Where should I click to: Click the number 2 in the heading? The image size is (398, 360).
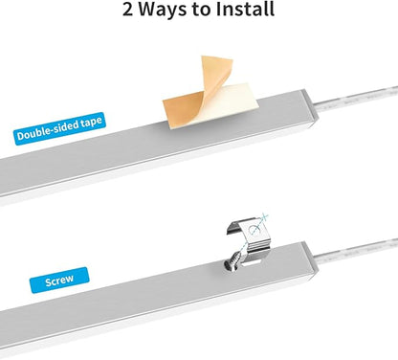127,10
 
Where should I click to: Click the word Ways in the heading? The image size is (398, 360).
163,10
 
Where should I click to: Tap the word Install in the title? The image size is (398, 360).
245,9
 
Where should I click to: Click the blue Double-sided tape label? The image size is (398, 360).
59,128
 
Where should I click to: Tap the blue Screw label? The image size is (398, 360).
59,281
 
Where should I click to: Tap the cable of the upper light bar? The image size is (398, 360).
356,99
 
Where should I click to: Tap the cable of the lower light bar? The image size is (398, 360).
357,251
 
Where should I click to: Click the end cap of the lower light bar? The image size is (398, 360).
310,260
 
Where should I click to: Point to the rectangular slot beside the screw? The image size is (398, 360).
252,262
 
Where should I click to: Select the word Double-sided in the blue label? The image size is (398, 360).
48,131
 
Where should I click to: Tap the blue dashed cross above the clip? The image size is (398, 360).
263,218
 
